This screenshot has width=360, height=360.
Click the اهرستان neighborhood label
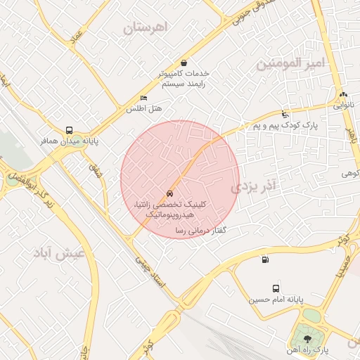(146, 29)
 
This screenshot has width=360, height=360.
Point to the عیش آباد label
(60, 252)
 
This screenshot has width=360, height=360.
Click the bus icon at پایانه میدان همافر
(69, 130)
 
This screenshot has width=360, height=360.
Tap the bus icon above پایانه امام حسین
(275, 288)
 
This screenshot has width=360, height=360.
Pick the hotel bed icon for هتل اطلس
(144, 98)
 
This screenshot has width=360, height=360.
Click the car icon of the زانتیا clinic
(169, 193)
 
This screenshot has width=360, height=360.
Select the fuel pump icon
(264, 260)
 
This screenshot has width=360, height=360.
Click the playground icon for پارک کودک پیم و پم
(285, 114)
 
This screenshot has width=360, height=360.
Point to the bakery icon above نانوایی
(342, 95)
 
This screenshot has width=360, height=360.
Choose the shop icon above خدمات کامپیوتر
(184, 63)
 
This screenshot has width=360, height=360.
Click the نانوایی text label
(343, 105)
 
